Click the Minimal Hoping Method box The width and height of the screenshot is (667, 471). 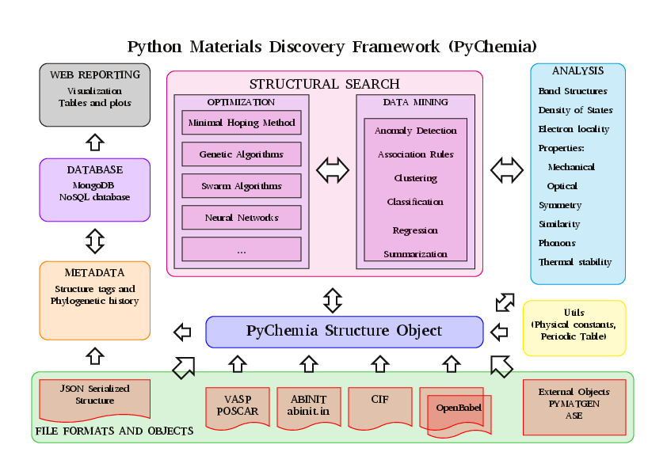[242, 123]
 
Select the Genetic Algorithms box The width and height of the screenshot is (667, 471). [242, 154]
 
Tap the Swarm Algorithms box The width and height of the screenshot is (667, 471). [242, 186]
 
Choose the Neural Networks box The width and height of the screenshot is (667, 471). [242, 218]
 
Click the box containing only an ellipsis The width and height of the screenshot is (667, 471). [242, 249]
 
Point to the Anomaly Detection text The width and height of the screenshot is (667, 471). [416, 131]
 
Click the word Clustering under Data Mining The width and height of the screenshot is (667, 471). [416, 178]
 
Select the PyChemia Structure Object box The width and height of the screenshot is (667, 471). [345, 332]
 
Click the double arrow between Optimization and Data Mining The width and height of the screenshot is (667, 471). [333, 169]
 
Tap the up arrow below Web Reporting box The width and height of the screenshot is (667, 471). [95, 142]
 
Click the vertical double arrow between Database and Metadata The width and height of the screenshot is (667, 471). [95, 241]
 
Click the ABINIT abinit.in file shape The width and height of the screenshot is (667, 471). [309, 406]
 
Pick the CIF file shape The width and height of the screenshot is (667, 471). [379, 404]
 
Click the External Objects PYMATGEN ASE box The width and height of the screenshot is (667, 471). [574, 404]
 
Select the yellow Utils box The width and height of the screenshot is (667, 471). [574, 325]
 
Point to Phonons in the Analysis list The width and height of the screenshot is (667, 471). [557, 243]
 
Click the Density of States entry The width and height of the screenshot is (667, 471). [575, 110]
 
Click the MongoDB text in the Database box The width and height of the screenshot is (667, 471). [95, 185]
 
